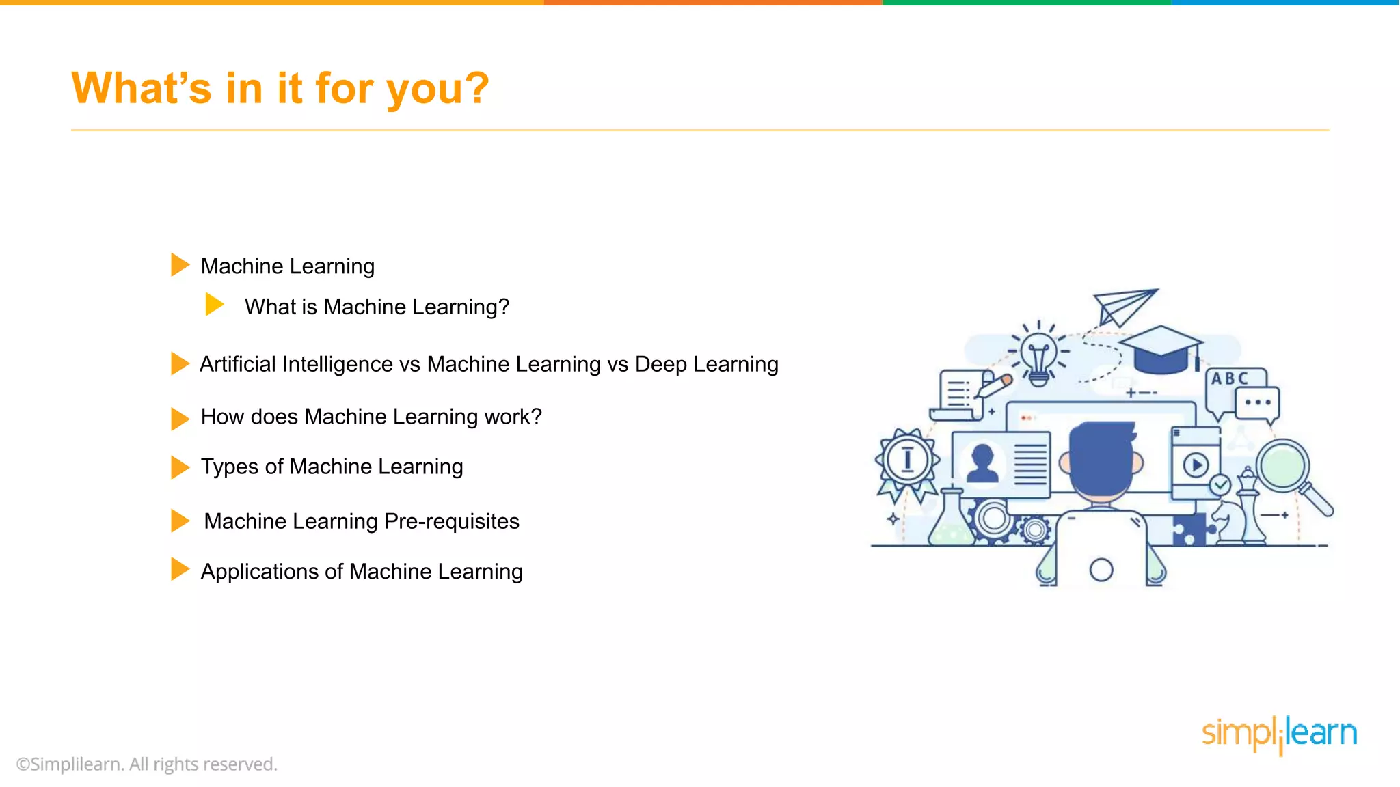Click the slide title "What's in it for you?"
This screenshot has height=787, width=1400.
click(x=280, y=89)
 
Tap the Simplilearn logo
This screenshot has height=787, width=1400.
click(x=1279, y=734)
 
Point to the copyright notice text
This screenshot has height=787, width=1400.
click(x=147, y=764)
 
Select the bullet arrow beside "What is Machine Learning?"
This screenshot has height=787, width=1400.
click(x=214, y=305)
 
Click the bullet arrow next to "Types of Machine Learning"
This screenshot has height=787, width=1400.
click(x=179, y=467)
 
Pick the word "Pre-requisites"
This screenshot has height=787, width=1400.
click(x=452, y=521)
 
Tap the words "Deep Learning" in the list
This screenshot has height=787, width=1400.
click(x=706, y=364)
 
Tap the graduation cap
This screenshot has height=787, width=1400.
click(x=1161, y=349)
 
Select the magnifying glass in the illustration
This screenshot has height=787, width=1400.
click(x=1289, y=471)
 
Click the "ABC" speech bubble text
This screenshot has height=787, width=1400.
click(x=1229, y=378)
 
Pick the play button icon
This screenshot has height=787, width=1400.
click(x=1196, y=466)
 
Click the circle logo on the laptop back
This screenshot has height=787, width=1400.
click(x=1101, y=570)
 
